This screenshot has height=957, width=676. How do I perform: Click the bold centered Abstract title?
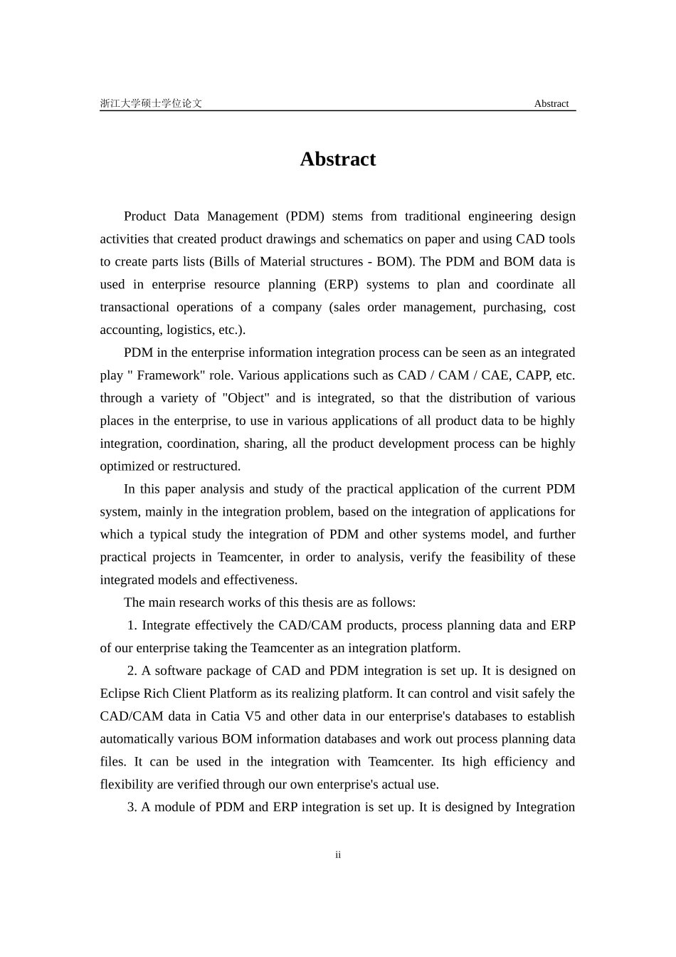pos(337,159)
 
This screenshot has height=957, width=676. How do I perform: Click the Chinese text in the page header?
pos(151,103)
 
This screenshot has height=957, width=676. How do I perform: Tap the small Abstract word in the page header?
pos(551,103)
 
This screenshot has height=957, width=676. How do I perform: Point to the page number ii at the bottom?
pos(338,854)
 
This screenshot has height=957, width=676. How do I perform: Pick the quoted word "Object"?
pos(245,398)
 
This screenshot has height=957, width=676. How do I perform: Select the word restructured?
pos(206,466)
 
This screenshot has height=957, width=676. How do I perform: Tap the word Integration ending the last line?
pos(545,807)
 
